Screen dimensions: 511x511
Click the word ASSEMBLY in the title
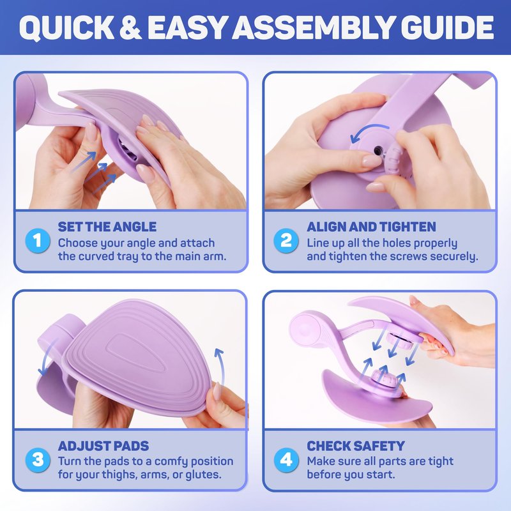(x=313, y=27)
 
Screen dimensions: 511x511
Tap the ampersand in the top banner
(x=130, y=27)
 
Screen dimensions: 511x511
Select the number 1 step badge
(x=38, y=241)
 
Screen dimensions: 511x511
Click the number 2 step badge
(x=286, y=241)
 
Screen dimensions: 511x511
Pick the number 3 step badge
(x=38, y=460)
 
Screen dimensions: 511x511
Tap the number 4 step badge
(x=286, y=460)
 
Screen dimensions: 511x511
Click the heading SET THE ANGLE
(x=107, y=227)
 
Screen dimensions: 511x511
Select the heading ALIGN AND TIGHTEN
(x=371, y=227)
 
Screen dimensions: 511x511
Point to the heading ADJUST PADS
(x=103, y=446)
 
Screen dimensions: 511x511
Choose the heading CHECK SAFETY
(x=356, y=446)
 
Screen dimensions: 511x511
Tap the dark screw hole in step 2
(x=378, y=151)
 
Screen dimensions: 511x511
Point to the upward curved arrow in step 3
(x=221, y=365)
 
